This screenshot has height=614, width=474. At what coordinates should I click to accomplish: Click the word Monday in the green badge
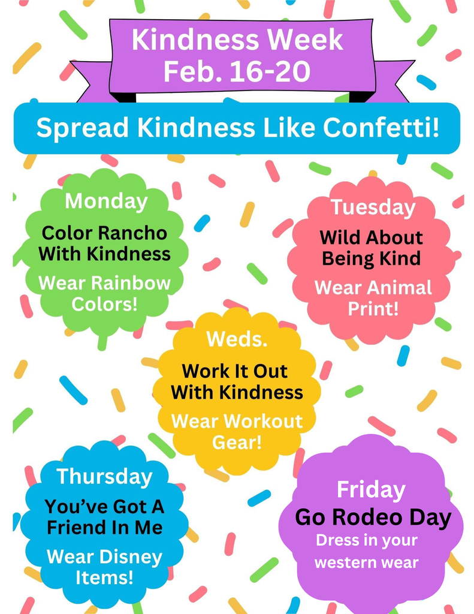pyautogui.click(x=106, y=201)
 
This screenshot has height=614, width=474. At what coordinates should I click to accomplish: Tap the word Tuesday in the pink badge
pyautogui.click(x=373, y=207)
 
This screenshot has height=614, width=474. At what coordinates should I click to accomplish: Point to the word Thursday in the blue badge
pyautogui.click(x=105, y=477)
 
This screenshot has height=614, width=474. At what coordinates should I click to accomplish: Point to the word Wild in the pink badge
pyautogui.click(x=340, y=237)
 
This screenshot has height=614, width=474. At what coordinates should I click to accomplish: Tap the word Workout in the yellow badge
pyautogui.click(x=263, y=421)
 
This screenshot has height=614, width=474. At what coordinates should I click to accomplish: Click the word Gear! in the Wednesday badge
pyautogui.click(x=237, y=443)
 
